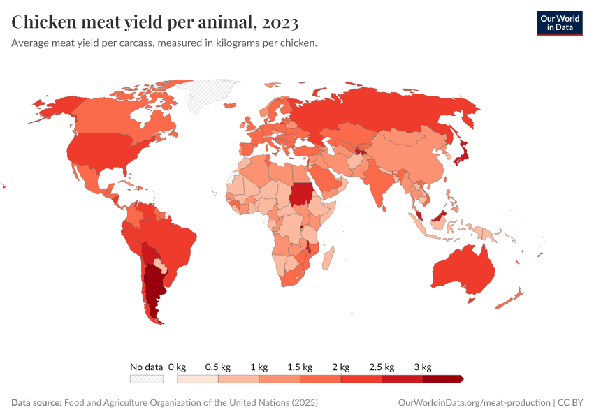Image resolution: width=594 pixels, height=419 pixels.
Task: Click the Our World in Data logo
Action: [x=559, y=23]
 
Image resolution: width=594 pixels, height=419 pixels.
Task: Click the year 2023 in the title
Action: [x=280, y=22]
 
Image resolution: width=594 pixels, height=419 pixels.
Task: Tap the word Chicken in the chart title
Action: [x=45, y=22]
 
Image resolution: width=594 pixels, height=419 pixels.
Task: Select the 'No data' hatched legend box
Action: [x=146, y=379]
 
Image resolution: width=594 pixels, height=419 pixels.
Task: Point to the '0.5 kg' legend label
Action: [x=217, y=367]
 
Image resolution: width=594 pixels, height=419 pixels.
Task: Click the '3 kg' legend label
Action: [x=422, y=367]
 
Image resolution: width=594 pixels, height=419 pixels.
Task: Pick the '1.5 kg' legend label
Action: [x=299, y=367]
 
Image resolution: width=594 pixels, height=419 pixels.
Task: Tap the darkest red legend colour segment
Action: [x=442, y=379]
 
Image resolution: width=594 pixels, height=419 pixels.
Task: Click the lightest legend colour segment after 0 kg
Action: [x=198, y=379]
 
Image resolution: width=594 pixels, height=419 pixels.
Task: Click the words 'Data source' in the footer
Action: [x=36, y=403]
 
